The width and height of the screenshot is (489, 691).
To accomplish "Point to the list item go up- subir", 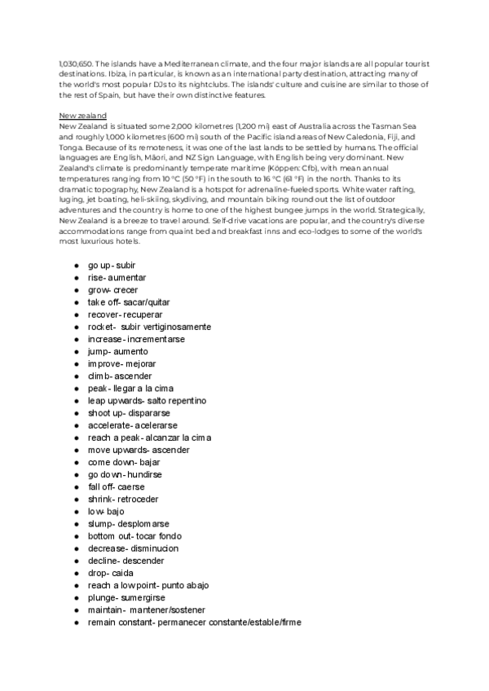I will [112, 265].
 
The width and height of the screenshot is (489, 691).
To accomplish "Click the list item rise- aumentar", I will [117, 278].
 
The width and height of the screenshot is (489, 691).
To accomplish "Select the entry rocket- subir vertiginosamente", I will [149, 327].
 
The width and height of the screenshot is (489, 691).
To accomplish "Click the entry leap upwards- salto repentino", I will [147, 401].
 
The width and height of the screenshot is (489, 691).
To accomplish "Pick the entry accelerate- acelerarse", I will [132, 425].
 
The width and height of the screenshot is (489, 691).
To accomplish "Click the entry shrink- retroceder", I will [123, 499].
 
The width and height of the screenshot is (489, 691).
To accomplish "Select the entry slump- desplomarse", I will [128, 524].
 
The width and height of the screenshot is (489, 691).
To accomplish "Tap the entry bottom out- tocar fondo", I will [134, 536].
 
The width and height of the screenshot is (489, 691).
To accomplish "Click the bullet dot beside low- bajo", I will [75, 512].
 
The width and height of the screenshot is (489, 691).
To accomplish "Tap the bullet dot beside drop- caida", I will [75, 573].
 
